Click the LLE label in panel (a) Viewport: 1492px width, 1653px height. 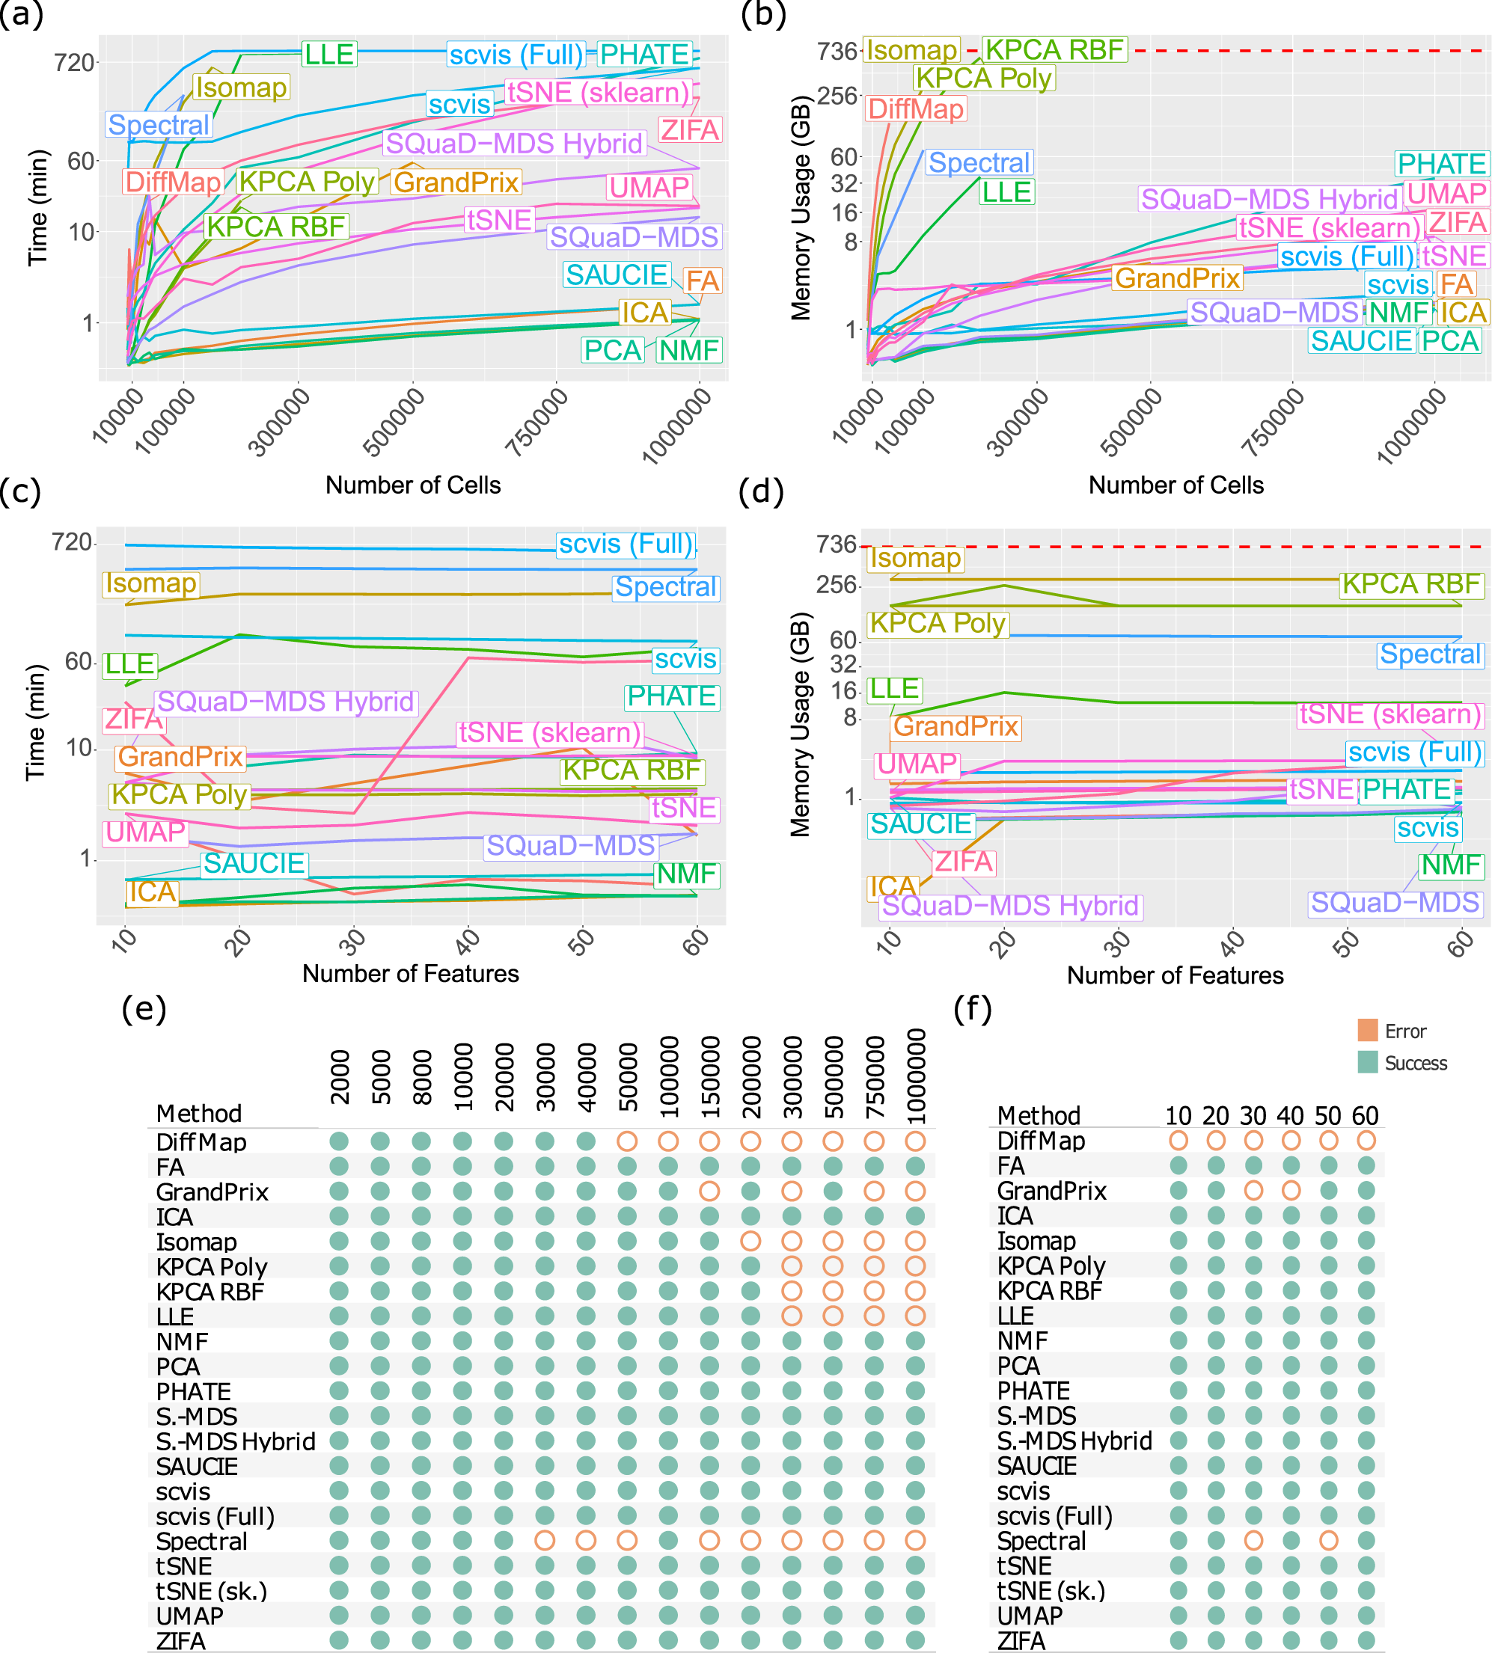tap(328, 54)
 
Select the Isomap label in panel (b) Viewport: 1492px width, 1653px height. tap(911, 50)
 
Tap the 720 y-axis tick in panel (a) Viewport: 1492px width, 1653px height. tap(74, 62)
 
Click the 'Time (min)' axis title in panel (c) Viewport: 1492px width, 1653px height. tap(35, 722)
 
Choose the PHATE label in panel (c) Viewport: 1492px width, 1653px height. tap(671, 696)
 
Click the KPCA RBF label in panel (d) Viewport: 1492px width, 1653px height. tap(1411, 583)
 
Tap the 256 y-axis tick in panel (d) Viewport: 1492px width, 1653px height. tap(837, 585)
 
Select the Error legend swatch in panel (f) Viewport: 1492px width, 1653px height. tap(1367, 1030)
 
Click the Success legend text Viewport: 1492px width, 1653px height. tap(1416, 1063)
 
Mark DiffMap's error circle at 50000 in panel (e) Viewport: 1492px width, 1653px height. tap(627, 1141)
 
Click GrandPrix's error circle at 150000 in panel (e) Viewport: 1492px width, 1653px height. tap(709, 1191)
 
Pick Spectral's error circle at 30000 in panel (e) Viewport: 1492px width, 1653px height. tap(544, 1540)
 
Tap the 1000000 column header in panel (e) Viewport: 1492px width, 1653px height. tap(916, 1076)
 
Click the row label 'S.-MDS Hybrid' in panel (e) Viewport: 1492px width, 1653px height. tap(235, 1441)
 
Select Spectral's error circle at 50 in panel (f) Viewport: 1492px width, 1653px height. tap(1328, 1540)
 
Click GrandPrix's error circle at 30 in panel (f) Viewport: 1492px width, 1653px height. tap(1253, 1190)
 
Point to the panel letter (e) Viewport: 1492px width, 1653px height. tap(144, 1008)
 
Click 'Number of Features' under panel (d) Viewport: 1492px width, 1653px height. tap(1174, 975)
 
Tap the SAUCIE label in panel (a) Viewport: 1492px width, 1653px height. tap(617, 275)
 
